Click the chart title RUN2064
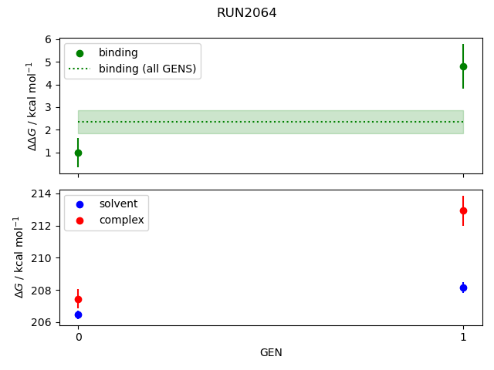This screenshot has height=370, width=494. coord(246,13)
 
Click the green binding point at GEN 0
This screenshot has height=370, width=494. coord(78,153)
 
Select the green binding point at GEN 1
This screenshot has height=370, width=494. coord(463,66)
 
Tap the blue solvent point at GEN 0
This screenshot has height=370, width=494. coord(78,314)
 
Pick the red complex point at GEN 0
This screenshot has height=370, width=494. coord(78,299)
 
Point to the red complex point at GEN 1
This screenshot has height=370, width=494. coord(463,210)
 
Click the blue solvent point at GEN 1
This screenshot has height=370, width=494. coord(463,288)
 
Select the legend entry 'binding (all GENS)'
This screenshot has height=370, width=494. coord(147,69)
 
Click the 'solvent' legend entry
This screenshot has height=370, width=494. coord(118,203)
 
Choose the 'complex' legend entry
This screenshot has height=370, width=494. coord(121,220)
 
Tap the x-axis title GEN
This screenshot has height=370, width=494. coord(271,352)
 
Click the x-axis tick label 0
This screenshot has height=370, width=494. coord(78,337)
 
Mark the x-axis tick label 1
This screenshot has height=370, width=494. coord(463,337)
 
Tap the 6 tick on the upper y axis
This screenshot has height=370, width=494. coord(48,39)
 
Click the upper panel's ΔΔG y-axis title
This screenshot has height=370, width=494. coord(32,106)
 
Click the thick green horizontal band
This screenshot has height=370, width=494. coord(271,122)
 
